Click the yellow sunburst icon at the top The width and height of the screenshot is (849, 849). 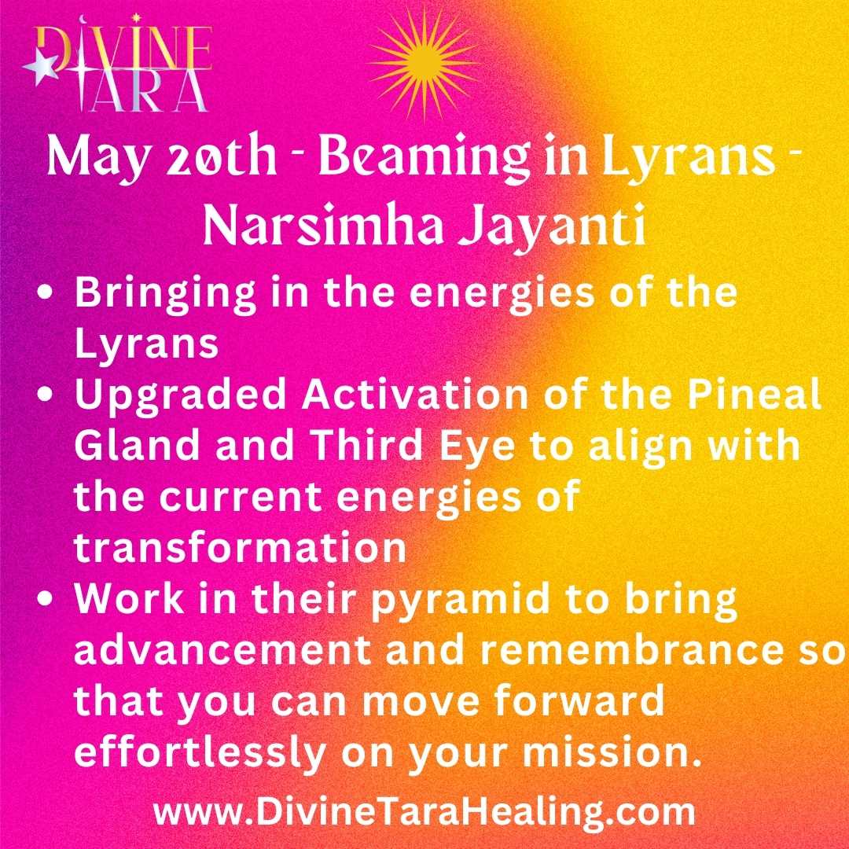pyautogui.click(x=424, y=64)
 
